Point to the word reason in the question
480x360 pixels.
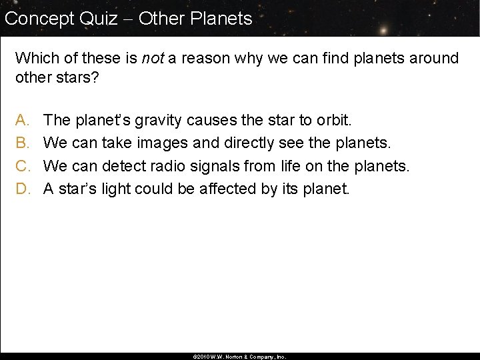click(x=192, y=59)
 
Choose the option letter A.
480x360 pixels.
click(x=21, y=121)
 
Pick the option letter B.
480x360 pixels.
click(x=21, y=143)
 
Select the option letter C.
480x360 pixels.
click(x=21, y=166)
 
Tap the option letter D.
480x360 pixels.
click(x=21, y=189)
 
